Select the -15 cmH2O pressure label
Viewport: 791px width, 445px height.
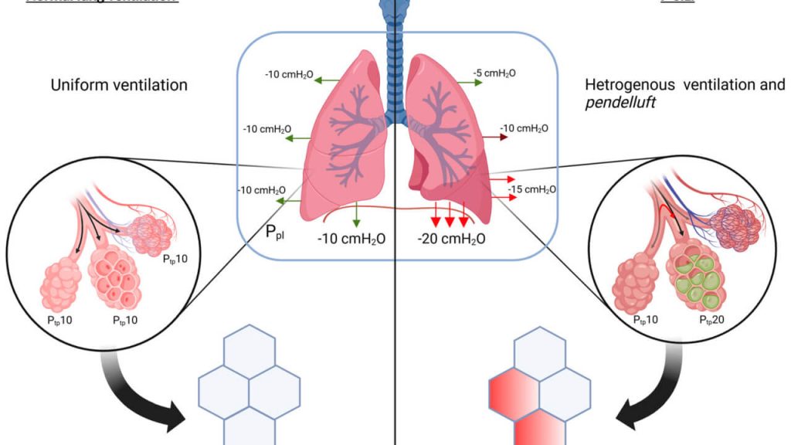(x=532, y=189)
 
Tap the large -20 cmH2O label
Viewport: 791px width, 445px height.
(x=451, y=239)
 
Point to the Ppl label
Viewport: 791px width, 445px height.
(x=274, y=231)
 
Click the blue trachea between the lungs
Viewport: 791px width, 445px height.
(x=396, y=62)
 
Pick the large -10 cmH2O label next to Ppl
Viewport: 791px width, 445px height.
(x=351, y=239)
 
